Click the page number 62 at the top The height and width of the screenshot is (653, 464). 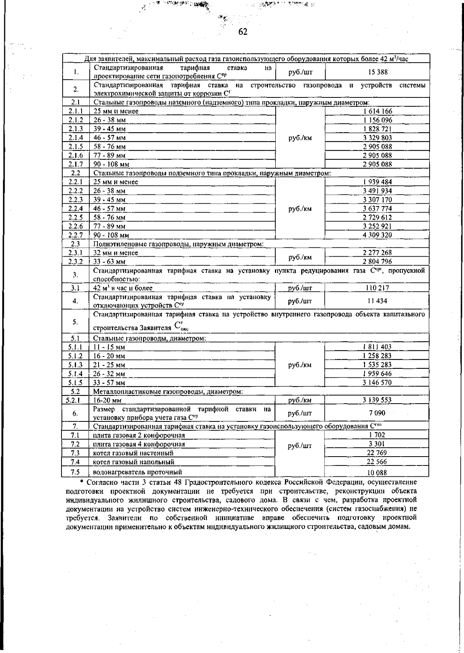click(x=243, y=32)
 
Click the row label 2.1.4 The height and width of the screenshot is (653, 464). click(x=76, y=138)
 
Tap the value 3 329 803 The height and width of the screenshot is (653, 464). click(x=377, y=138)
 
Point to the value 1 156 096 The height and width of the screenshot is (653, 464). click(x=377, y=120)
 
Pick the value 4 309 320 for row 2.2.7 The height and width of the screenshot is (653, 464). click(x=377, y=235)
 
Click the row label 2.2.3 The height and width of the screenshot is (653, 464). click(x=76, y=199)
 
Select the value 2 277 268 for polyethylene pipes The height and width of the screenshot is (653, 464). click(x=377, y=253)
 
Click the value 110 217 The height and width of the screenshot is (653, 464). click(x=377, y=288)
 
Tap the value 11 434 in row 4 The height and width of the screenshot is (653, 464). click(x=377, y=301)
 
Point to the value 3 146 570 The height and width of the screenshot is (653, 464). click(x=377, y=382)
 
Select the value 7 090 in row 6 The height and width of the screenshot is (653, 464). click(x=377, y=413)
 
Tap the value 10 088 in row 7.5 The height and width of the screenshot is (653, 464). click(x=377, y=472)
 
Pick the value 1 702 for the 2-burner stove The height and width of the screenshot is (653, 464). click(x=377, y=435)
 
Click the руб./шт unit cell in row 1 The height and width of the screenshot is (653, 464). click(x=300, y=72)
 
